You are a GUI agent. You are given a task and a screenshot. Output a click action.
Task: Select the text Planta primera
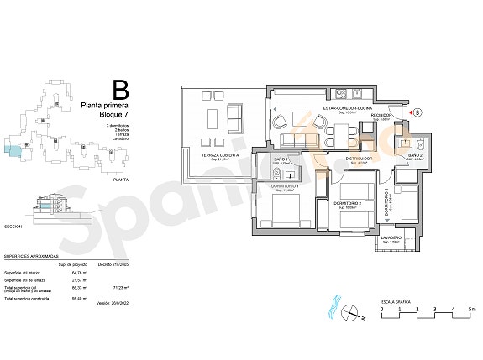pyautogui.click(x=103, y=105)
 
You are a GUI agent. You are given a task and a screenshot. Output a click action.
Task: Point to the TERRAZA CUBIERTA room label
pyautogui.click(x=219, y=155)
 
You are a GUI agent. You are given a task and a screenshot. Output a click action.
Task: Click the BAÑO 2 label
pyautogui.click(x=416, y=156)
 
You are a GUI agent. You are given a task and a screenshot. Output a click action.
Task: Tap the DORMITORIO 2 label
pyautogui.click(x=347, y=203)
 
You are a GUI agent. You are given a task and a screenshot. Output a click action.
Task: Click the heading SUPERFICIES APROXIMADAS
pyautogui.click(x=31, y=255)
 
